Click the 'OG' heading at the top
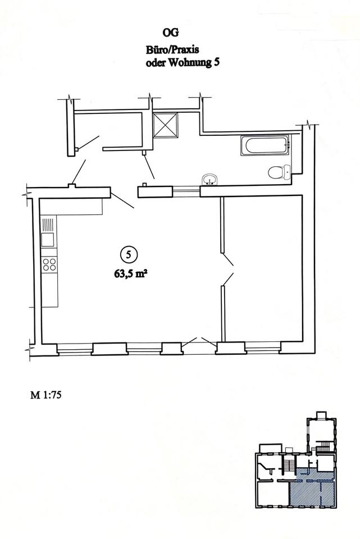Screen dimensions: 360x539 (171, 33)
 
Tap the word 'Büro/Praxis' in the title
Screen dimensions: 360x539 (172, 50)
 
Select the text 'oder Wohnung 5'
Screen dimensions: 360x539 (183, 63)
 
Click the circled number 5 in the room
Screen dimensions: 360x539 (129, 255)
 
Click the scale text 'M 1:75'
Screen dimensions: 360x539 (45, 395)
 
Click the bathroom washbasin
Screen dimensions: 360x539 (209, 180)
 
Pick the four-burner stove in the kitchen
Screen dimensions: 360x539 (49, 264)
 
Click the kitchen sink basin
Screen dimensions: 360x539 (48, 239)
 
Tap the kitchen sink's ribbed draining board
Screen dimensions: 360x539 (48, 225)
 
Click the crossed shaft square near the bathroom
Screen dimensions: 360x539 (165, 125)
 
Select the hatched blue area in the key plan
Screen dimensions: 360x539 (312, 487)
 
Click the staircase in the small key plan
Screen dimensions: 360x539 (288, 467)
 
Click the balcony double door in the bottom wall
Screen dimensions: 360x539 (199, 342)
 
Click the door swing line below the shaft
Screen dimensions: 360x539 (149, 166)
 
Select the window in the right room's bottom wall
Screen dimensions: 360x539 (263, 348)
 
